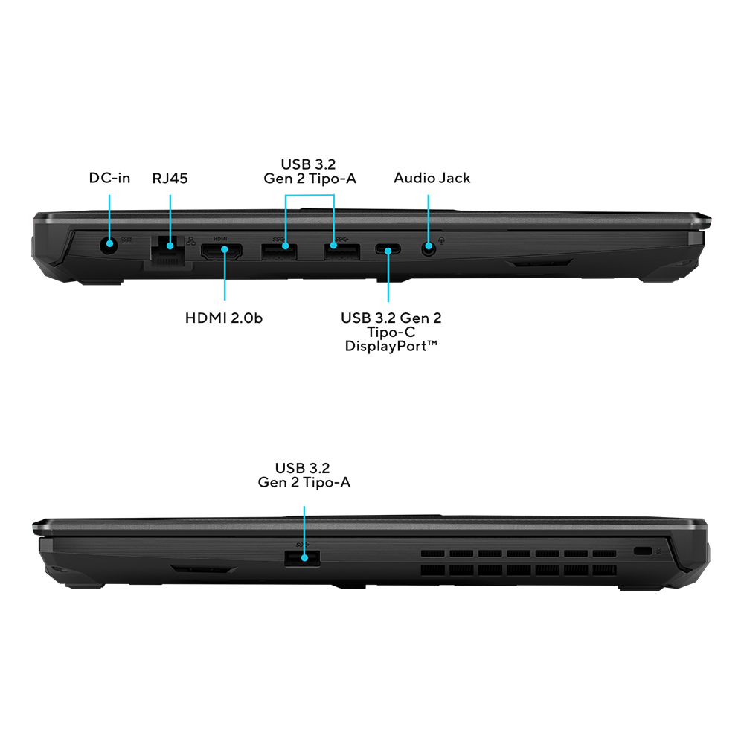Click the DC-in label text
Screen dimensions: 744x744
[109, 178]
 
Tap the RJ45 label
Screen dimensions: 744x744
[170, 179]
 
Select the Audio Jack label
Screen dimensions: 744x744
[432, 178]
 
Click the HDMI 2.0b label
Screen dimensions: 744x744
[223, 318]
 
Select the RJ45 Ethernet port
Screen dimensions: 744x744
[168, 251]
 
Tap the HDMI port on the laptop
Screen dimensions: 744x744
[222, 251]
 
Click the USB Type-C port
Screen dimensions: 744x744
[388, 249]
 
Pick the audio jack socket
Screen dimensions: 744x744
[429, 247]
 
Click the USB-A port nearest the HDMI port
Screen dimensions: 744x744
[279, 251]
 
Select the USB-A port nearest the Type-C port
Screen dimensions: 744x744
[341, 251]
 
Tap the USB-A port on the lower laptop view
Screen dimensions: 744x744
[302, 559]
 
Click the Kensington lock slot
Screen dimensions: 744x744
[643, 551]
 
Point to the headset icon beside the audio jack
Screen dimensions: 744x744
[442, 240]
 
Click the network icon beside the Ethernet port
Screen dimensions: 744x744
[190, 241]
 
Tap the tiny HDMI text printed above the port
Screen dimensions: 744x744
[220, 239]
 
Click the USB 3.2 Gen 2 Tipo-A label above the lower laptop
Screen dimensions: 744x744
[304, 475]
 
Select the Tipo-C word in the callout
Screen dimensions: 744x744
[391, 332]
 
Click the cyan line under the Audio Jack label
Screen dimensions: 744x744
[429, 220]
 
